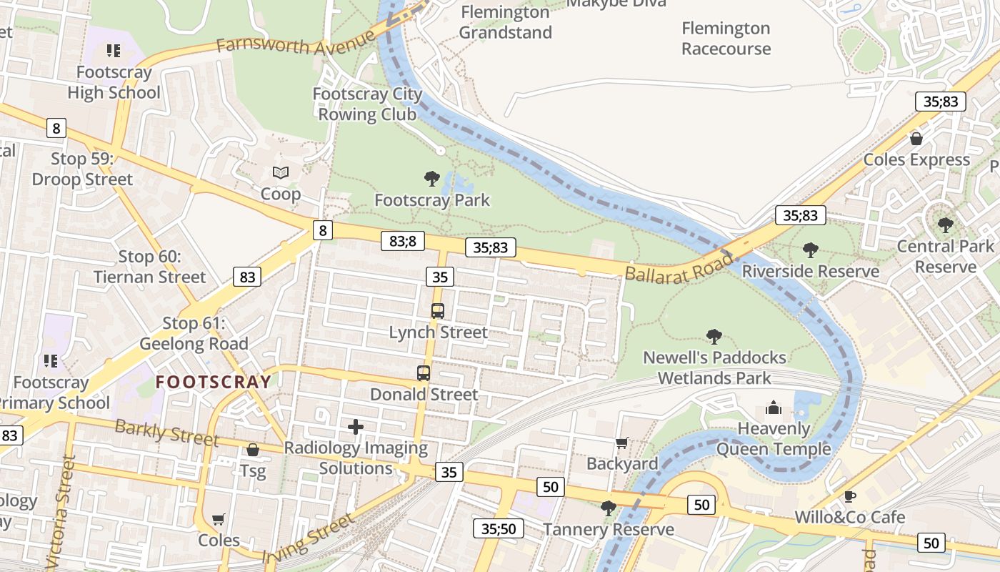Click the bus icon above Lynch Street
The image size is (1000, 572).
pyautogui.click(x=438, y=311)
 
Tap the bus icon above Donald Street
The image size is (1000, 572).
pyautogui.click(x=424, y=373)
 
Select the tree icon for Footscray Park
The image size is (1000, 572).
pyautogui.click(x=431, y=178)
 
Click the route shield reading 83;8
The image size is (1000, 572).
pyautogui.click(x=403, y=241)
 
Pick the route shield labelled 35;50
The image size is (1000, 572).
pyautogui.click(x=499, y=528)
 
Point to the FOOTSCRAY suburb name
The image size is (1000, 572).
pyautogui.click(x=214, y=382)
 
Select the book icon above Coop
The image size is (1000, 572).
pyautogui.click(x=281, y=172)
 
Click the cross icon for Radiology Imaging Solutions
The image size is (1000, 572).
pyautogui.click(x=356, y=427)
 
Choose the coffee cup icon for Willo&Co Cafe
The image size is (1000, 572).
pyautogui.click(x=849, y=496)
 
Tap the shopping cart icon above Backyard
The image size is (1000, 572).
pyautogui.click(x=621, y=443)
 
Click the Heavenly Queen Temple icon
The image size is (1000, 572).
pyautogui.click(x=774, y=408)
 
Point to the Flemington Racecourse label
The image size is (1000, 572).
pyautogui.click(x=726, y=39)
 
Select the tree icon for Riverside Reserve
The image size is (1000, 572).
pyautogui.click(x=810, y=250)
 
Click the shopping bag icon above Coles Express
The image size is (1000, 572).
pyautogui.click(x=916, y=139)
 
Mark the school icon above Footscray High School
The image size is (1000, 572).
pyautogui.click(x=114, y=51)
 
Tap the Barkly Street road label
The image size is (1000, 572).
pyautogui.click(x=166, y=433)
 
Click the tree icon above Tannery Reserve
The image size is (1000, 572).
pyautogui.click(x=608, y=508)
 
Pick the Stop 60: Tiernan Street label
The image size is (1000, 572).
pyautogui.click(x=149, y=267)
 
